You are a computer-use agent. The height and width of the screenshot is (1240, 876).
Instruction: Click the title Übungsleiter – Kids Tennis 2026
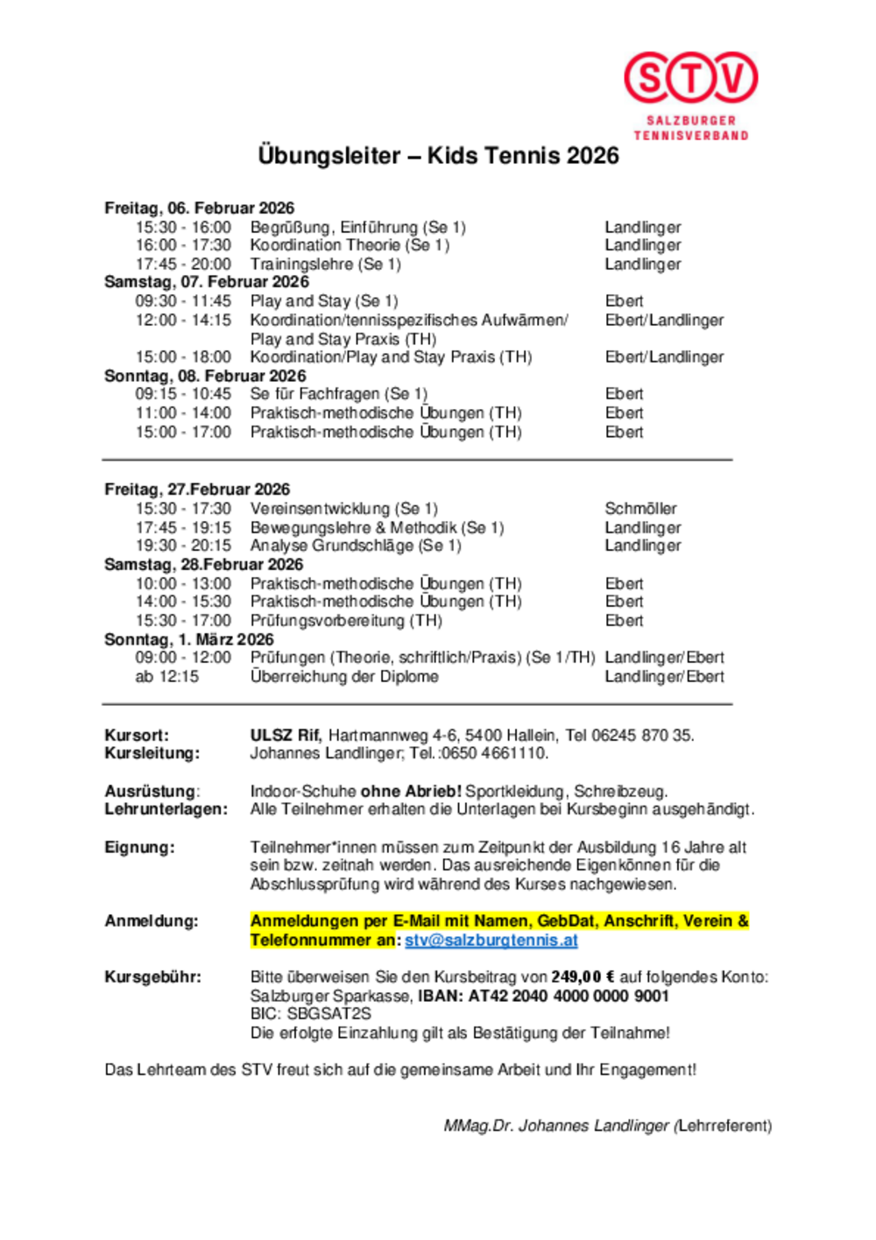click(x=438, y=156)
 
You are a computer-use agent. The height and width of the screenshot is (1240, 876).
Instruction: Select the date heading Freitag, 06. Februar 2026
click(x=199, y=208)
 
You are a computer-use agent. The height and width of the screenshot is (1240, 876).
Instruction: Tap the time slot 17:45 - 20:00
click(x=183, y=264)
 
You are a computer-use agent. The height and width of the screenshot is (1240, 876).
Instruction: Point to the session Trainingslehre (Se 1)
click(x=325, y=264)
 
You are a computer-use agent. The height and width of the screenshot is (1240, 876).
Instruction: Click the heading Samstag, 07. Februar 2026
click(x=206, y=282)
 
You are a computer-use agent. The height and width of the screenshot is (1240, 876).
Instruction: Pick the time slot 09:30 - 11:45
click(x=183, y=301)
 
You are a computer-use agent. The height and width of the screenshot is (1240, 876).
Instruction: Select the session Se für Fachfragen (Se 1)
click(x=338, y=394)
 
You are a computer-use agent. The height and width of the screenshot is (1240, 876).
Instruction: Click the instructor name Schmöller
click(x=640, y=509)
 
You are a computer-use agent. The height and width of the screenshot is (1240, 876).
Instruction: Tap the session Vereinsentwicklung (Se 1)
click(x=343, y=509)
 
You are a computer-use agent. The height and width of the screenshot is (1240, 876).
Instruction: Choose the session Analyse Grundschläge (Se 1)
click(x=355, y=546)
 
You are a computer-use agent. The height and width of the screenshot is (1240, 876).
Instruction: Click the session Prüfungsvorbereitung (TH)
click(x=345, y=621)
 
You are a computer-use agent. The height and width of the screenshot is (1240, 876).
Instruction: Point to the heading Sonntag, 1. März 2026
click(x=188, y=639)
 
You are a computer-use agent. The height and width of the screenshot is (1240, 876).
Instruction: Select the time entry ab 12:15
click(x=166, y=677)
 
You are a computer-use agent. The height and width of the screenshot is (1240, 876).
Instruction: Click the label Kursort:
click(x=137, y=736)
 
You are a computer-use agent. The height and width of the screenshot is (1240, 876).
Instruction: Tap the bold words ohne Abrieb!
click(x=411, y=792)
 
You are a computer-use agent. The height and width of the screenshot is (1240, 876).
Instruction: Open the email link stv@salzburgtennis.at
click(x=491, y=941)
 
